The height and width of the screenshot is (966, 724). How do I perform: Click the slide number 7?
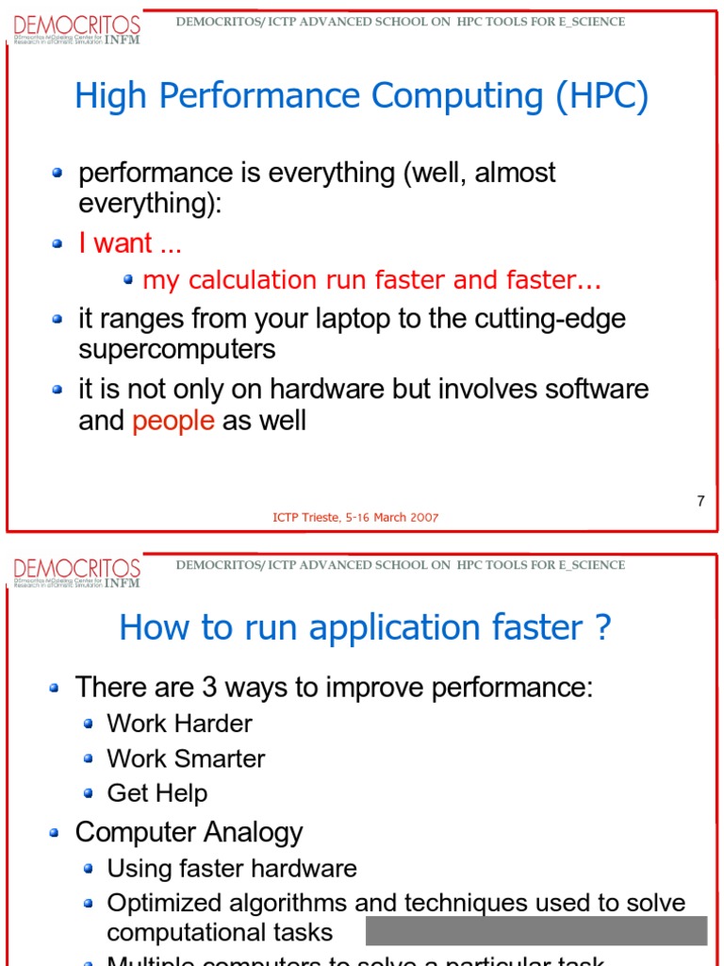click(700, 501)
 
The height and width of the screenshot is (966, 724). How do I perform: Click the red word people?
click(173, 421)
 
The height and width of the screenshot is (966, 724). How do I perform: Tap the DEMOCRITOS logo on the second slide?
click(76, 572)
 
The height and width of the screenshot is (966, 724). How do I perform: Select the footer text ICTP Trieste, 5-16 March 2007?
click(355, 517)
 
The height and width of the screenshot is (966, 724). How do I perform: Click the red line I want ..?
click(130, 243)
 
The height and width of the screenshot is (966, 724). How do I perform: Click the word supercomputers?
click(177, 349)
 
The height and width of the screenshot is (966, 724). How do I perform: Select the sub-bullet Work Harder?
click(179, 724)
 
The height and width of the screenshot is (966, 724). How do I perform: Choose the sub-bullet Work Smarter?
click(186, 758)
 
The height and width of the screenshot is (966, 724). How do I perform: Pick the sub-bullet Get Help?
click(156, 793)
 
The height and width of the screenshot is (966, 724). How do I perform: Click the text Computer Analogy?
click(189, 832)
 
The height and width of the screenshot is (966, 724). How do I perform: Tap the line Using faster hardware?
click(232, 868)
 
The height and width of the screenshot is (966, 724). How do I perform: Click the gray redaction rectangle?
click(535, 930)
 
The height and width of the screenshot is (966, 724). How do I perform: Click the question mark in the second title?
click(603, 628)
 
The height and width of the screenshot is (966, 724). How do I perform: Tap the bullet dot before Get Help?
click(88, 793)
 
